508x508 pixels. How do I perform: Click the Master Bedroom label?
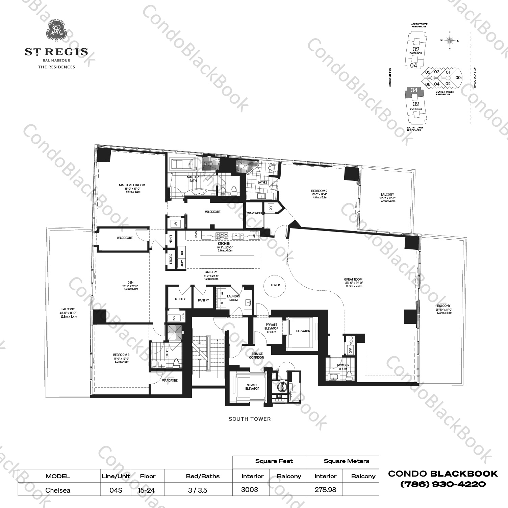132,185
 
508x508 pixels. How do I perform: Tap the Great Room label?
353,280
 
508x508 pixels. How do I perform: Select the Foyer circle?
275,285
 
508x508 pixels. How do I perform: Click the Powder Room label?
344,367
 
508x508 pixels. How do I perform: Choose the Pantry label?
203,300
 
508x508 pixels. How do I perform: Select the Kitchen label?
224,244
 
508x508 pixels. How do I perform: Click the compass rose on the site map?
449,40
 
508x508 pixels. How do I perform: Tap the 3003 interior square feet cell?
250,489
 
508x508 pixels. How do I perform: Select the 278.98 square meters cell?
326,489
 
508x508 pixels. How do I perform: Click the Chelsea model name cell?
58,490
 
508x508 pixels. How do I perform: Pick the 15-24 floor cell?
148,490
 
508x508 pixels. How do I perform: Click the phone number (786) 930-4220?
443,484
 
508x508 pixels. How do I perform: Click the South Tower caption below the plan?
250,419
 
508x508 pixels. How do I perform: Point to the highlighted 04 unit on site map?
414,91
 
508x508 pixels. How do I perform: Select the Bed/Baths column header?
203,476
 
